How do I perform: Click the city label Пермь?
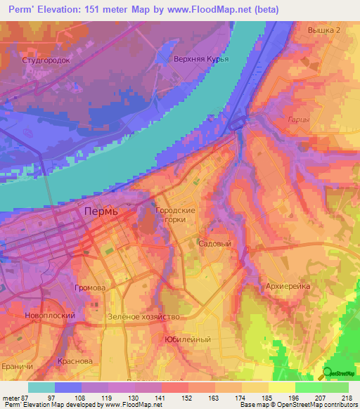[101, 211]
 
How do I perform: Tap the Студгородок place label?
[46, 60]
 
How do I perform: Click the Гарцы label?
[299, 120]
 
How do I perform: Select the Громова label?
[89, 288]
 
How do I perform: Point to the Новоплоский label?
[49, 316]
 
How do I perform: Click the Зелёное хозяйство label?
[143, 316]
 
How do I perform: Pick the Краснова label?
[75, 361]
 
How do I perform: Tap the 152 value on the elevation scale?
[187, 398]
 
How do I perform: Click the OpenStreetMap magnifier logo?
[328, 374]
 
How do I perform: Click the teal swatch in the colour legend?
[41, 387]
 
